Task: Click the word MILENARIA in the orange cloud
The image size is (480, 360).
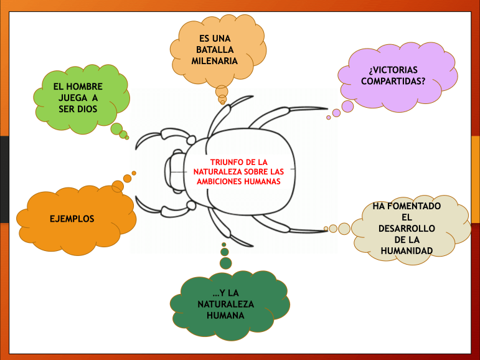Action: point(215,61)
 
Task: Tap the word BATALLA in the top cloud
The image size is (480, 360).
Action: point(215,50)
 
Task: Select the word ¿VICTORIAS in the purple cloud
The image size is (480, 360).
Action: point(393,70)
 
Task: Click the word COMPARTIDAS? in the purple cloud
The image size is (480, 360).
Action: point(393,81)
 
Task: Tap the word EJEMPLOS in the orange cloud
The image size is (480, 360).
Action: point(72,219)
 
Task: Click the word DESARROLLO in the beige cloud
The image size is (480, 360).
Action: point(407,229)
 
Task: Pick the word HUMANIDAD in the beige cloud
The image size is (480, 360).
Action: point(407,251)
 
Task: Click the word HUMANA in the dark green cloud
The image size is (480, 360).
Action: point(225,315)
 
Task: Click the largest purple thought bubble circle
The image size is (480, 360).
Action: point(347,107)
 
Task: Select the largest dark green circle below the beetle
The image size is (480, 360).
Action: point(225,263)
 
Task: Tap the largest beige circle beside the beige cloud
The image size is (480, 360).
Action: point(344,228)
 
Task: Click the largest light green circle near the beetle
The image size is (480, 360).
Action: point(116,129)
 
